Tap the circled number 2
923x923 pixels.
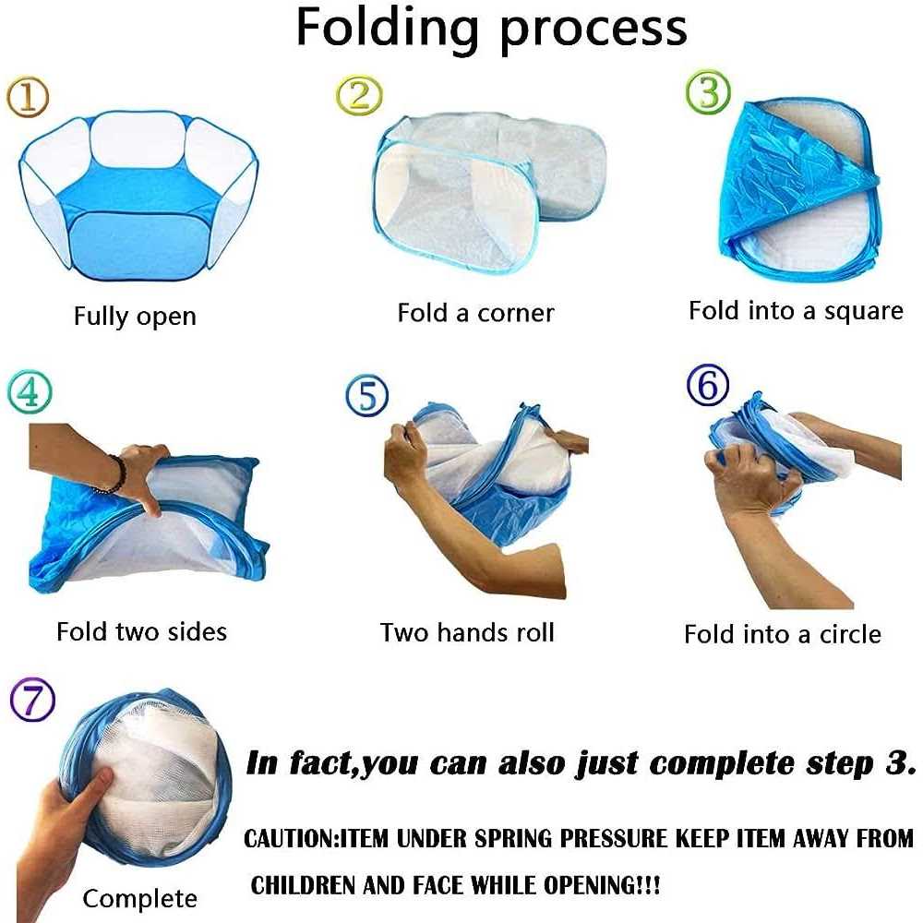pos(359,95)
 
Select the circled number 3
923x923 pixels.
pos(708,92)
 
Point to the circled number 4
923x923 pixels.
pos(30,391)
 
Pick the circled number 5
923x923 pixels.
pos(366,395)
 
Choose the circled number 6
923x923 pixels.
pos(708,385)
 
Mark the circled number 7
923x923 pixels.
pos(33,700)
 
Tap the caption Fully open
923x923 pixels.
pos(135,317)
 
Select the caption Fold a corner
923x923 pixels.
pos(475,313)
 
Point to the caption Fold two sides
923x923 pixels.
pos(142,631)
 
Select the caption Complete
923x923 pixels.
pos(139,899)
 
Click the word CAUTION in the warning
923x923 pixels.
pos(289,838)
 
